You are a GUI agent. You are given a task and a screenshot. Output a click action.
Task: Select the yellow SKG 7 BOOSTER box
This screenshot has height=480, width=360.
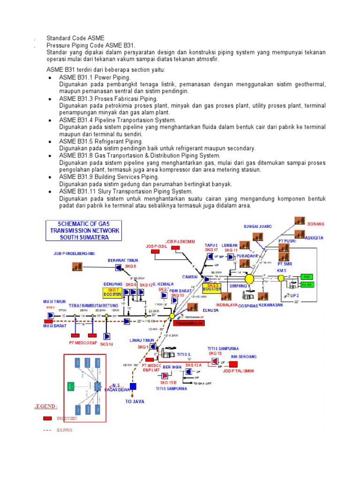pos(112,293)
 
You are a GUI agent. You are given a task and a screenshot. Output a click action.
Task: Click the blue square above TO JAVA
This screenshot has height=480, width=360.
pos(133,386)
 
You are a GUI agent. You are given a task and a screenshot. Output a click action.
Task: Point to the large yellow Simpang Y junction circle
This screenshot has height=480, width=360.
pos(249,279)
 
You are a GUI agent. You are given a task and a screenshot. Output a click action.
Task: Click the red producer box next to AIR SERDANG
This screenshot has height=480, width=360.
pos(233,363)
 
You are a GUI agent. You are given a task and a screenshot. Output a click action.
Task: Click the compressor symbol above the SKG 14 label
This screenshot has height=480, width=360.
pos(107,336)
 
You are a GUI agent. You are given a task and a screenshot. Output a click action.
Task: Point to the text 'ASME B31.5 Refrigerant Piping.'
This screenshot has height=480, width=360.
pos(101,141)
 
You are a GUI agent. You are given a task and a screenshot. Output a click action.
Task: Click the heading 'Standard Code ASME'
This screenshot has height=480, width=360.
pos(75,38)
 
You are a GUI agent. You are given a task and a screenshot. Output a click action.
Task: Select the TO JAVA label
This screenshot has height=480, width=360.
pos(135,402)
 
